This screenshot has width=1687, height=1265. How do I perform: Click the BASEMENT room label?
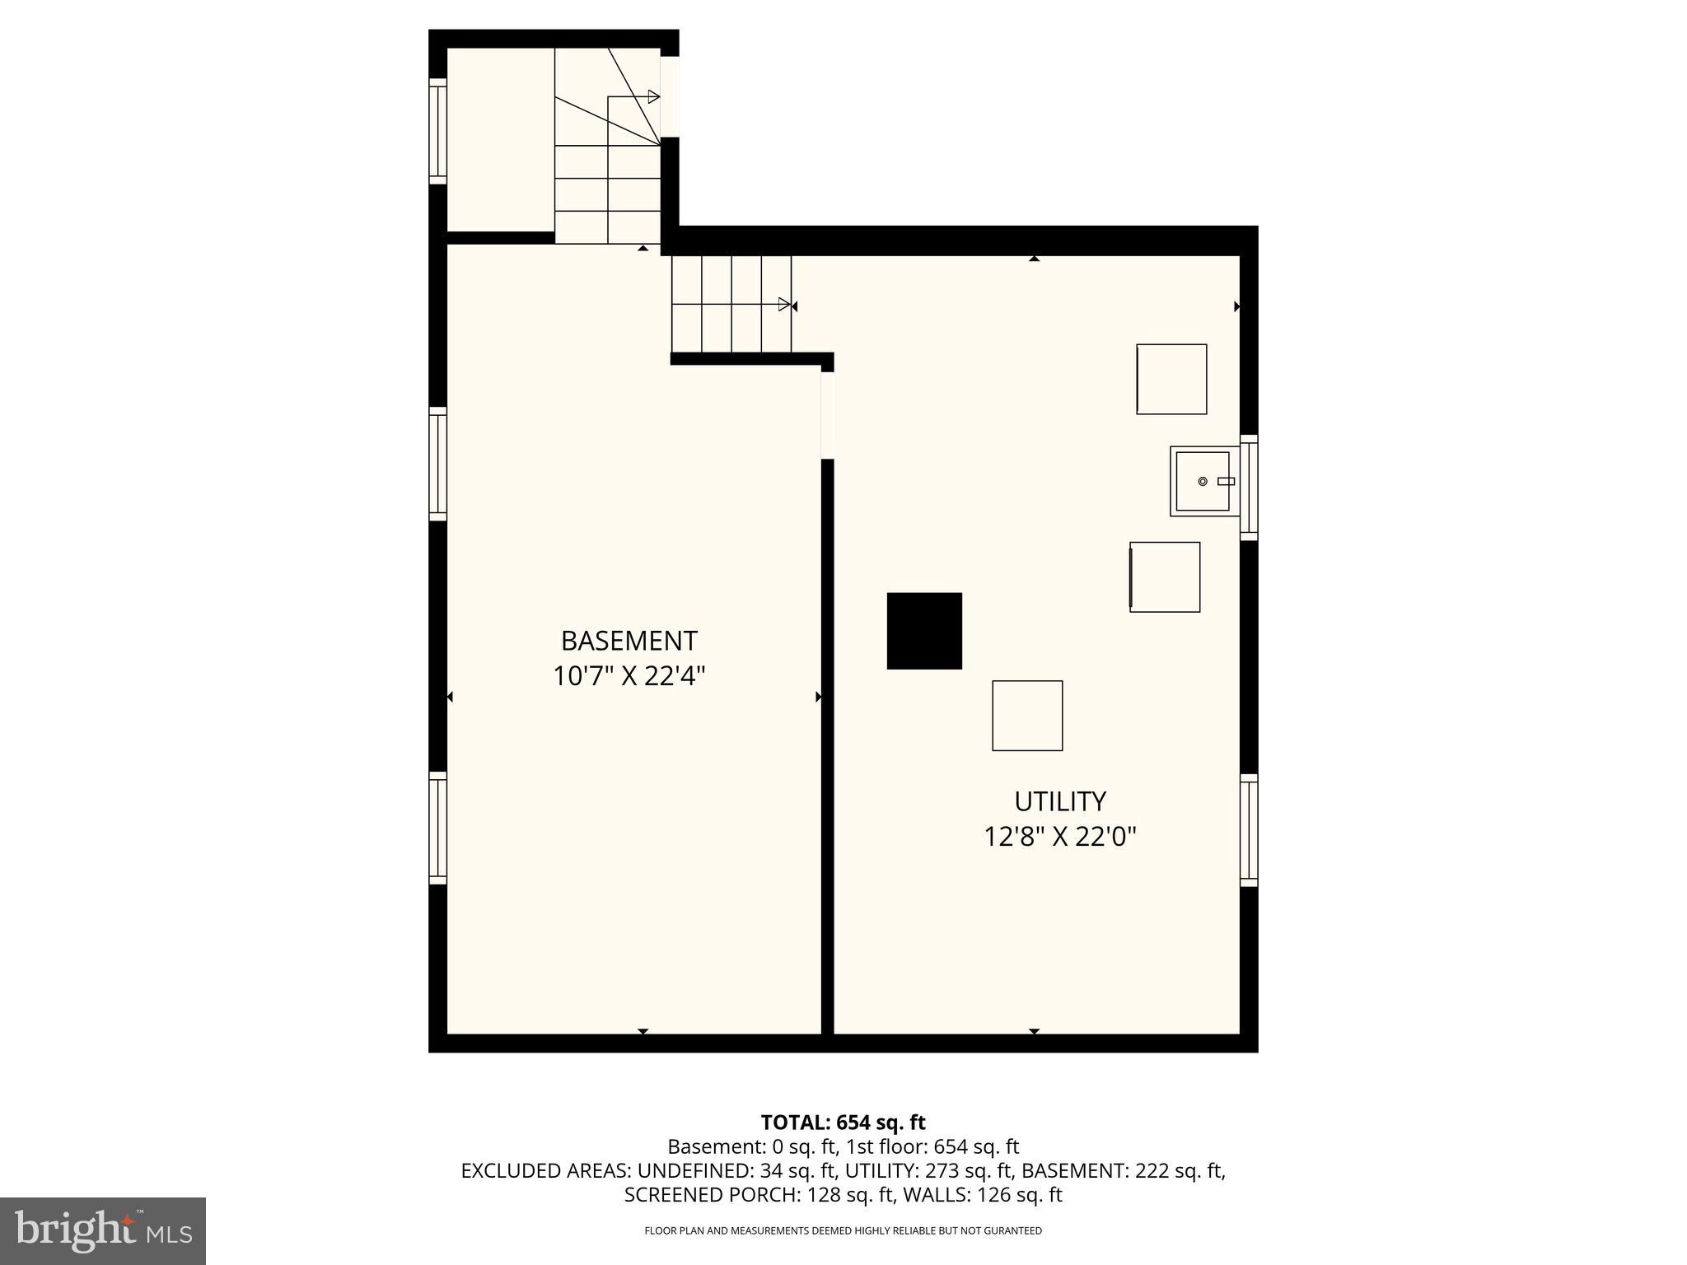[629, 641]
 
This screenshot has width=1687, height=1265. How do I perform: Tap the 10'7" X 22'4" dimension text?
[629, 677]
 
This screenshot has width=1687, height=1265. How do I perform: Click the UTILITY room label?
[1059, 801]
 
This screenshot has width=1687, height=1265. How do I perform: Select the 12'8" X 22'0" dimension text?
[1059, 838]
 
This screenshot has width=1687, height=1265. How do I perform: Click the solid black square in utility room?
[924, 631]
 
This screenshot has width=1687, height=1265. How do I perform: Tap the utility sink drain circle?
[1202, 481]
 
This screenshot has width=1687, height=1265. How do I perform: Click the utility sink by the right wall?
[1203, 481]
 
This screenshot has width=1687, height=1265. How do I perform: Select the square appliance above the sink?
[1171, 379]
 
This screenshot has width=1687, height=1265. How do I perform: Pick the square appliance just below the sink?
[1164, 576]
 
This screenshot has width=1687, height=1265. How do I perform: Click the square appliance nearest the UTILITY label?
[1026, 716]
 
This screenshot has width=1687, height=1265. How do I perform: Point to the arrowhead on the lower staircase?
[784, 305]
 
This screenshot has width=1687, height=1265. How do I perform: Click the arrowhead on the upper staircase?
[653, 97]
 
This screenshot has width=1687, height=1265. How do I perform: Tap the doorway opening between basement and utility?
[827, 415]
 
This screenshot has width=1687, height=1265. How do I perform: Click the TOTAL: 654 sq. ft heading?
[843, 1123]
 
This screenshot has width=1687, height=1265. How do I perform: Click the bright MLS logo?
[103, 1230]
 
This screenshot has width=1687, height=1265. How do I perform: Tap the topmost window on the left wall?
[437, 132]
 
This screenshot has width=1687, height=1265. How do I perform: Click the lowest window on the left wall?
[437, 828]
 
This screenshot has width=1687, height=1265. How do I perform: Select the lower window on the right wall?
[1249, 830]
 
